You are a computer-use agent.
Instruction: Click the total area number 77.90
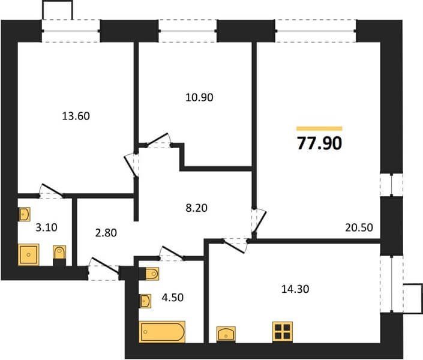pyautogui.click(x=319, y=143)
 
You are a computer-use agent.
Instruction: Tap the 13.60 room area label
pyautogui.click(x=76, y=116)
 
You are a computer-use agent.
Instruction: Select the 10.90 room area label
pyautogui.click(x=199, y=97)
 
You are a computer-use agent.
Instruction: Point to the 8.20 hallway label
pyautogui.click(x=196, y=208)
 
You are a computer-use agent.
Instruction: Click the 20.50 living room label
pyautogui.click(x=359, y=227)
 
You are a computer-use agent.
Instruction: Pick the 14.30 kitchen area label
pyautogui.click(x=295, y=289)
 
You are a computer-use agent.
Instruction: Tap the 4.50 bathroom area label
pyautogui.click(x=173, y=298)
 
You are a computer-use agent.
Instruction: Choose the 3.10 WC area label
pyautogui.click(x=46, y=227)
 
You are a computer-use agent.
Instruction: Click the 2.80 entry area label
pyautogui.click(x=106, y=233)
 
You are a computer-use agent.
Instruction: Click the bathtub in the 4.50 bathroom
pyautogui.click(x=162, y=332)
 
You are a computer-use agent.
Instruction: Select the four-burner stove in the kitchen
pyautogui.click(x=283, y=332)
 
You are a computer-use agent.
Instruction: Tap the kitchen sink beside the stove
pyautogui.click(x=226, y=334)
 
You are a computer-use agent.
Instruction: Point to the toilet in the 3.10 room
pyautogui.click(x=59, y=255)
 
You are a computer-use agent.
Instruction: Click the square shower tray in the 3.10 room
pyautogui.click(x=29, y=254)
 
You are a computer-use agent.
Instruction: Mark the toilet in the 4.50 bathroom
pyautogui.click(x=149, y=274)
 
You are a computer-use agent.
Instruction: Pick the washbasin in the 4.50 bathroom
pyautogui.click(x=145, y=301)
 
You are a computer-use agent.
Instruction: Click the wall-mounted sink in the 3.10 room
pyautogui.click(x=24, y=214)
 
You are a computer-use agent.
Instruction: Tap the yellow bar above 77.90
pyautogui.click(x=319, y=129)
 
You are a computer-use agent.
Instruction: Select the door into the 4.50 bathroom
pyautogui.click(x=172, y=253)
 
